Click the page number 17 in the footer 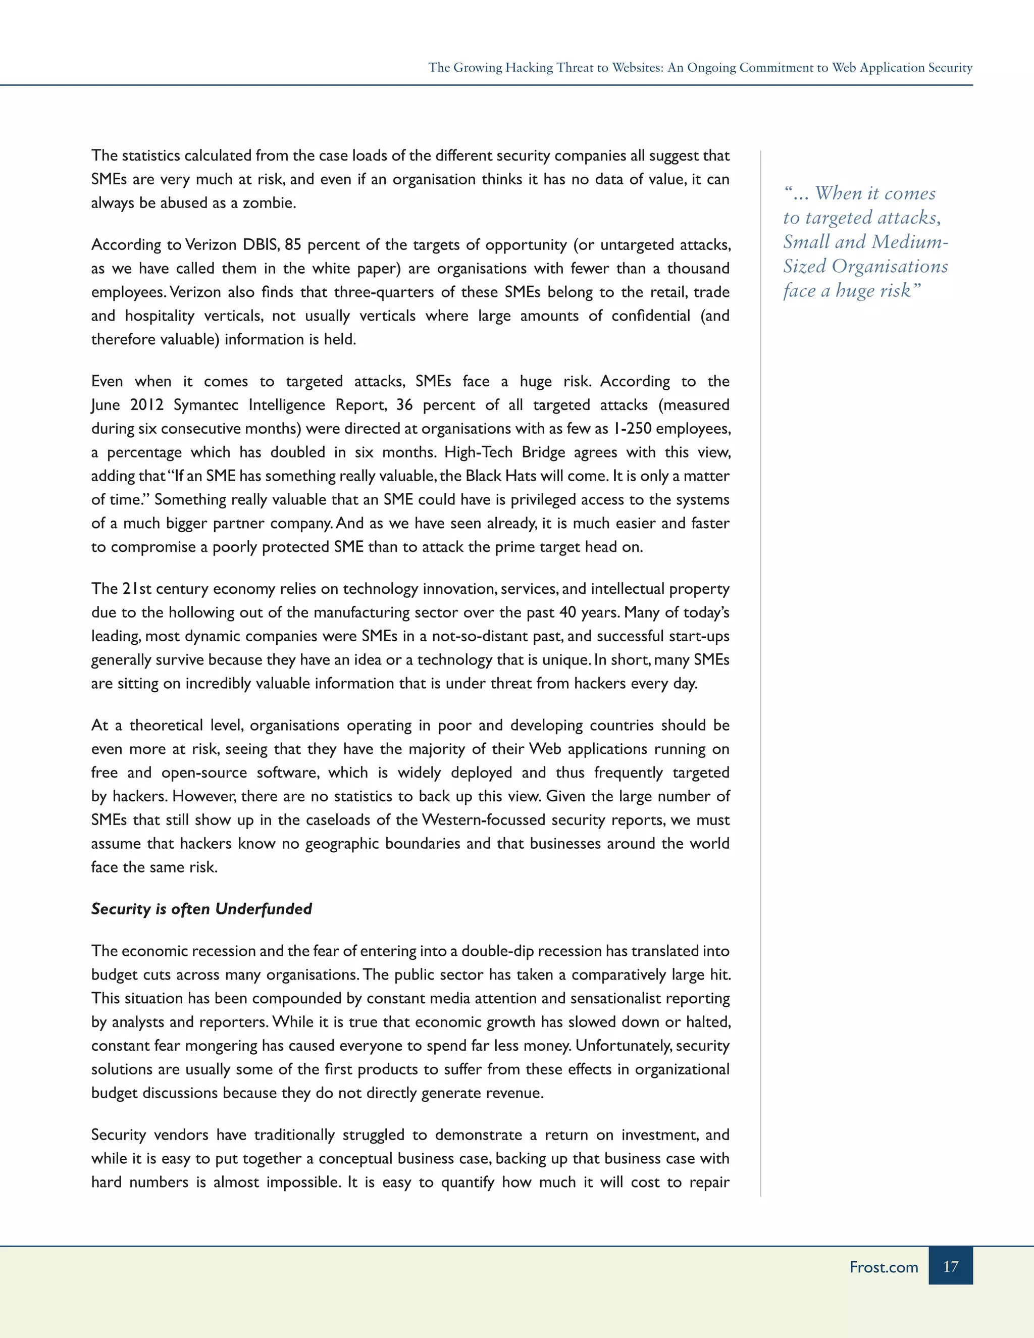pyautogui.click(x=950, y=1266)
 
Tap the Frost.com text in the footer pyautogui.click(x=884, y=1267)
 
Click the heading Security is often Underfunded pyautogui.click(x=201, y=908)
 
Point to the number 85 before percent pyautogui.click(x=293, y=244)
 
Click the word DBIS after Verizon pyautogui.click(x=261, y=244)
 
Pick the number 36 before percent pyautogui.click(x=404, y=405)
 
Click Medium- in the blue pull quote pyautogui.click(x=910, y=242)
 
